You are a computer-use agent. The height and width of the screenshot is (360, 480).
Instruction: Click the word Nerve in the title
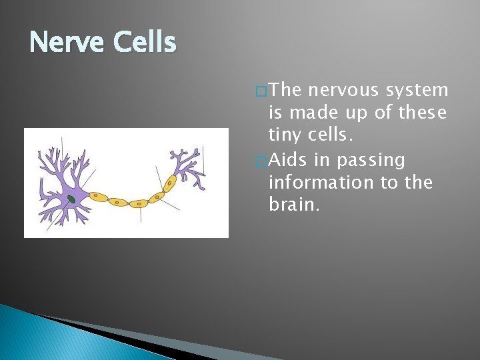point(67,43)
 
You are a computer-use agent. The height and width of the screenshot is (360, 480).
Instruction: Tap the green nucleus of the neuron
point(71,199)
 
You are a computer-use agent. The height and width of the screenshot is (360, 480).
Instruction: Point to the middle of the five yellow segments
point(139,203)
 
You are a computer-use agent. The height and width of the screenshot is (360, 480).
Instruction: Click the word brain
point(293,205)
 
